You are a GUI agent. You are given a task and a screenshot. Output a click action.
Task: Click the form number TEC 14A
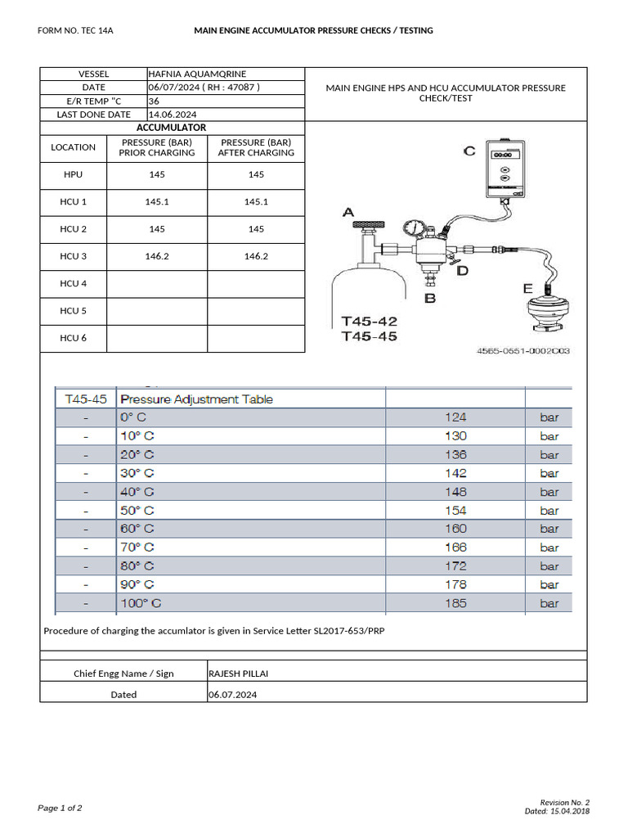coord(75,31)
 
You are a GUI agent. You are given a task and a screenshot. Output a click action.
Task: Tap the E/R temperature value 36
coord(154,101)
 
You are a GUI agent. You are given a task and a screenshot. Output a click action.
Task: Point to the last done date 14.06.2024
coord(173,115)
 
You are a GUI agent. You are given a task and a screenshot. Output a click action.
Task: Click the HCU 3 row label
coord(74,256)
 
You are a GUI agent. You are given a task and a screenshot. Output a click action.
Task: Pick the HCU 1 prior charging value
coord(156,201)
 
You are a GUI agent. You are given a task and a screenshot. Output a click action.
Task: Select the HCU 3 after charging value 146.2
coord(256,256)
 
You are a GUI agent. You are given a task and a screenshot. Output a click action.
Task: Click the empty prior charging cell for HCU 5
coord(156,311)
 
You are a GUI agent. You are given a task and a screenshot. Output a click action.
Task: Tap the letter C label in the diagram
coord(469,151)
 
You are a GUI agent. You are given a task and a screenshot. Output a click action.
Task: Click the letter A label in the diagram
coord(348,213)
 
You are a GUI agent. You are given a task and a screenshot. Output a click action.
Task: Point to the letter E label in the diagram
coord(527,288)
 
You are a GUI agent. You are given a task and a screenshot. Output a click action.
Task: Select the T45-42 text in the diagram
coord(370,322)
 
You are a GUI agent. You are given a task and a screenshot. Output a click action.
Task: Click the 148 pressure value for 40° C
coord(455,492)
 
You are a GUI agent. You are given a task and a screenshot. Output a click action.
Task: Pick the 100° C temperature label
coord(141,603)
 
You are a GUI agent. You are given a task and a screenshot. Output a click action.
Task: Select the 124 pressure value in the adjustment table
coord(455,417)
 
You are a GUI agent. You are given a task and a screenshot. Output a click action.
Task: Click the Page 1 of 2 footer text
coord(60,809)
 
